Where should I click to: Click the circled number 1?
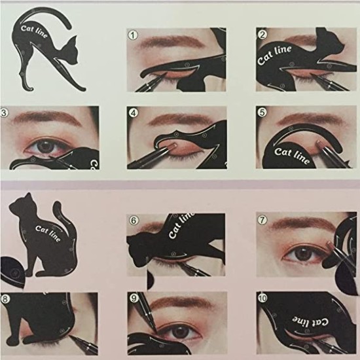[x=134, y=35]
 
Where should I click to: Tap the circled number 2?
[x=262, y=35]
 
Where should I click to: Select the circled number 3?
[x=5, y=113]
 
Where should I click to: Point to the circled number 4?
[x=134, y=113]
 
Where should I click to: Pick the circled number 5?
[x=262, y=113]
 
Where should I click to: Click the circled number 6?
[x=134, y=221]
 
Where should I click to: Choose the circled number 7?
[x=262, y=221]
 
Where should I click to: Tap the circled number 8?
[x=5, y=300]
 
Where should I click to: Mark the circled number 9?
[x=134, y=299]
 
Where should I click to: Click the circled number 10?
[x=262, y=299]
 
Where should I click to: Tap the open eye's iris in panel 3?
[x=46, y=145]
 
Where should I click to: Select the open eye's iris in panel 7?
[x=302, y=252]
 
